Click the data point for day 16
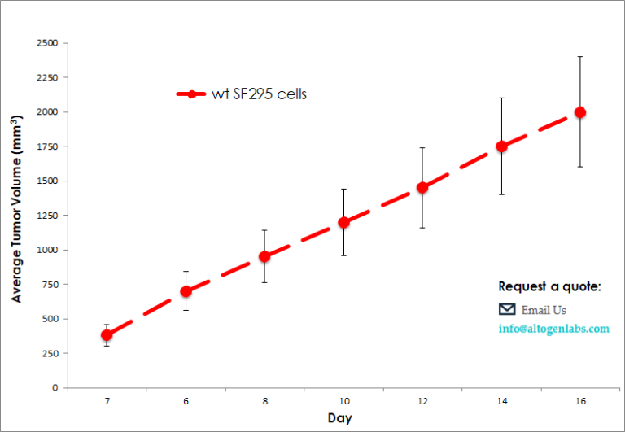[580, 112]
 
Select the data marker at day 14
[501, 146]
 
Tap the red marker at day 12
[422, 187]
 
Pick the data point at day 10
[343, 222]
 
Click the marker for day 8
[264, 256]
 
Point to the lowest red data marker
[107, 334]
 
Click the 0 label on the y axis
[55, 388]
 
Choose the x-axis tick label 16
[580, 402]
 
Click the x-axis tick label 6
[186, 402]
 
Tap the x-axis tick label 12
[422, 402]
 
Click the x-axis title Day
[340, 418]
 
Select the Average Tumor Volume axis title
[17, 216]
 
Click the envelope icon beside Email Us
[507, 309]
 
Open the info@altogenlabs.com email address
[553, 329]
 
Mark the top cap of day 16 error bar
[580, 57]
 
